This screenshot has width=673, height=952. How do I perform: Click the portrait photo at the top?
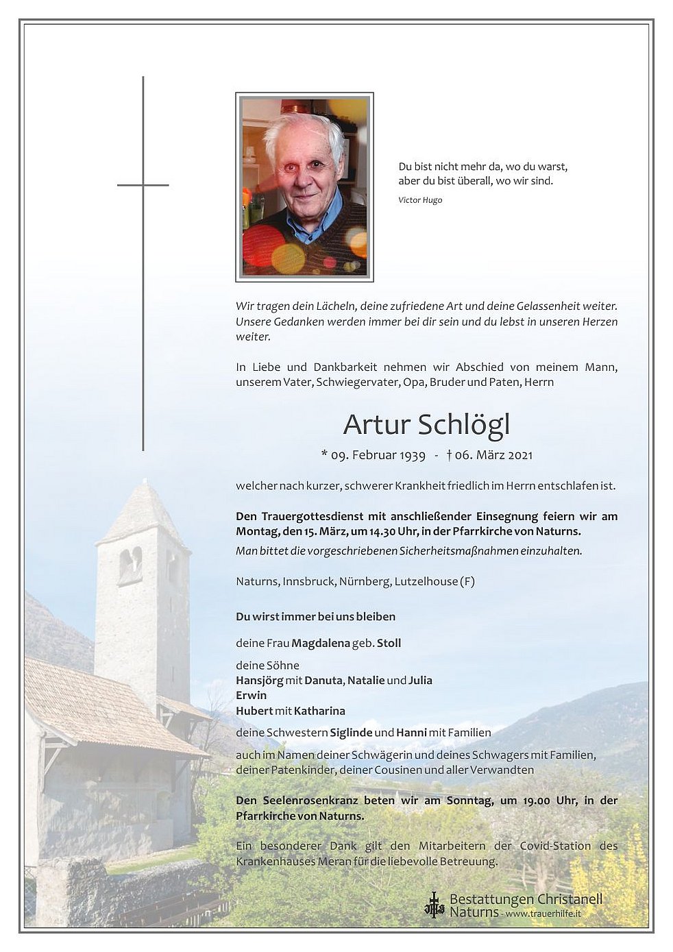(x=304, y=186)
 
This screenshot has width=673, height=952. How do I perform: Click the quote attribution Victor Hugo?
(x=420, y=200)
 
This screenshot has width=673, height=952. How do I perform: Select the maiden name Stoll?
(x=389, y=643)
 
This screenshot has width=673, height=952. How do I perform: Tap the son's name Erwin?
(x=251, y=695)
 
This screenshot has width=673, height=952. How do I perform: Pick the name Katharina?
(x=320, y=711)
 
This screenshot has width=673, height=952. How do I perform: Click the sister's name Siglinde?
(x=351, y=732)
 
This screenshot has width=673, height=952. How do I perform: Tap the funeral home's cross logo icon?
(x=434, y=905)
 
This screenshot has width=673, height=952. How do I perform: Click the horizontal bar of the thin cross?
(x=143, y=185)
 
